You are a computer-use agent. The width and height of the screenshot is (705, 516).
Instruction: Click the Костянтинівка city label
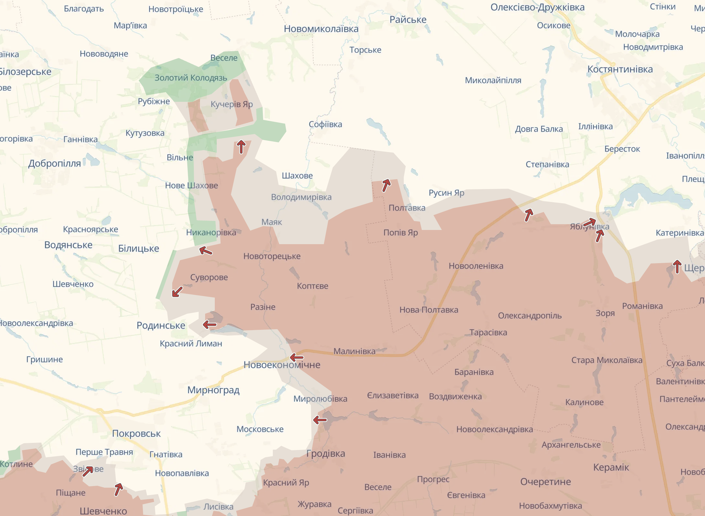click(x=620, y=69)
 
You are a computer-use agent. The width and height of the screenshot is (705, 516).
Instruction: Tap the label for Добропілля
click(x=55, y=163)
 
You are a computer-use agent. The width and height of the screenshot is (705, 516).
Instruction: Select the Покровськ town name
click(x=136, y=434)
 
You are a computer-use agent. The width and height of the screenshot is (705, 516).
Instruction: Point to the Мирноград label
click(x=213, y=390)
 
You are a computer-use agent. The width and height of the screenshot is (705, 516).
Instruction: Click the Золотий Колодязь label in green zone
click(x=191, y=78)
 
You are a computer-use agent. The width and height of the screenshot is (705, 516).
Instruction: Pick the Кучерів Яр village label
click(x=232, y=104)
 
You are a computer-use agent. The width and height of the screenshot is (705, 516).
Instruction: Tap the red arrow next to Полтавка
click(x=386, y=185)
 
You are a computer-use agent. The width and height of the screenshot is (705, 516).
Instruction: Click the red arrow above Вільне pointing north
click(x=241, y=147)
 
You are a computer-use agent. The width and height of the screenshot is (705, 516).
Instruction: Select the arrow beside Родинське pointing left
click(x=210, y=324)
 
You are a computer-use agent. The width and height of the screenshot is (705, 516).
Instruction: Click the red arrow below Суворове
click(x=177, y=291)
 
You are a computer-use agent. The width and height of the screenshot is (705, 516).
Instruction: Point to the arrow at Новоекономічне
click(x=296, y=357)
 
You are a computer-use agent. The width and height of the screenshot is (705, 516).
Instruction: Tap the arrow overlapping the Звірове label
click(x=88, y=471)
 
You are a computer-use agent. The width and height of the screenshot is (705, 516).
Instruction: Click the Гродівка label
click(x=325, y=454)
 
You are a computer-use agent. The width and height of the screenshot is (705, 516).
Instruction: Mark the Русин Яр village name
click(x=446, y=193)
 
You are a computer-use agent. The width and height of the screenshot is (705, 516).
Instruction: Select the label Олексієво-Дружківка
click(x=537, y=7)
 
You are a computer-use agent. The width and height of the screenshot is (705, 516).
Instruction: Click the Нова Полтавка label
click(x=429, y=310)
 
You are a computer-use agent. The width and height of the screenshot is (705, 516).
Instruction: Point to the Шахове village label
click(x=297, y=176)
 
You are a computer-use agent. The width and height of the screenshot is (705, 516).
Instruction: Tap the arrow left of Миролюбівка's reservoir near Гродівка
click(x=320, y=420)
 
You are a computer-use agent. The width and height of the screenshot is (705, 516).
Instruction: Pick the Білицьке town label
click(x=138, y=248)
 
